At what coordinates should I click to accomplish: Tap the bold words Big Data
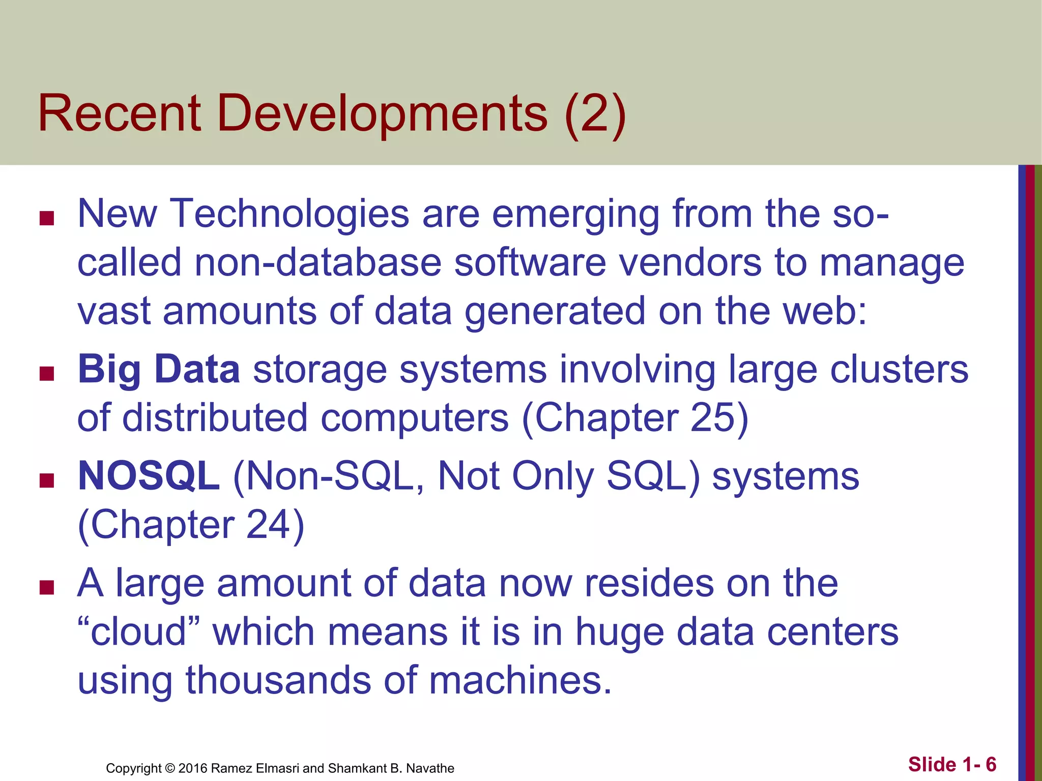click(159, 369)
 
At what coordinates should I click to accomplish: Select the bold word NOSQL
click(149, 476)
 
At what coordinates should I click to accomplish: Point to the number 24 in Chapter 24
click(268, 525)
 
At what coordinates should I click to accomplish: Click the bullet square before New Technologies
click(47, 219)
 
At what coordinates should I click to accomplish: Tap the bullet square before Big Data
click(47, 374)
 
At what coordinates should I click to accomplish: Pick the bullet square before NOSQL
click(47, 481)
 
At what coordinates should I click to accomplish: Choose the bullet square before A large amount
click(47, 588)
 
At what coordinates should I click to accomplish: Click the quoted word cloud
click(138, 632)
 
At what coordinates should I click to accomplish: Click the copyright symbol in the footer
click(170, 768)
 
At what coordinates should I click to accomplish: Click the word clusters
click(899, 369)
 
